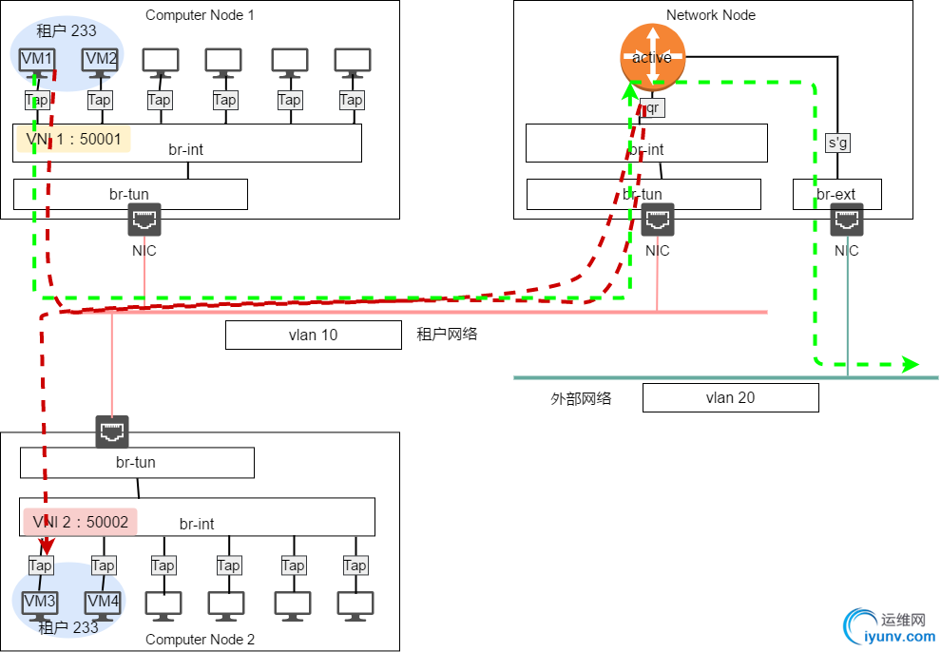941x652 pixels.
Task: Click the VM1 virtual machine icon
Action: pyautogui.click(x=37, y=61)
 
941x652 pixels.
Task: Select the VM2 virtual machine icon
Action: pyautogui.click(x=101, y=61)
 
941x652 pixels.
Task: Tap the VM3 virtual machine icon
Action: pyautogui.click(x=40, y=604)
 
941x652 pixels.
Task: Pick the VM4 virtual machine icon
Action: pyautogui.click(x=103, y=604)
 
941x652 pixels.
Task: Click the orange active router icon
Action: pyautogui.click(x=652, y=57)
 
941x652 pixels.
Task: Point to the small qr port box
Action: pyautogui.click(x=652, y=108)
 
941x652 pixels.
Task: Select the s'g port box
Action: pyautogui.click(x=837, y=144)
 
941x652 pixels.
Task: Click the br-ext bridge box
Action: pyautogui.click(x=837, y=195)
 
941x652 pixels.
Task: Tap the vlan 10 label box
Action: pyautogui.click(x=314, y=335)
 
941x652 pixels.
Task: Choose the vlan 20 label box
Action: pyautogui.click(x=730, y=397)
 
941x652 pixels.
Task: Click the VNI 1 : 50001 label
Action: pyautogui.click(x=73, y=140)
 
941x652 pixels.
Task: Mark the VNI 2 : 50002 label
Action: pyautogui.click(x=80, y=522)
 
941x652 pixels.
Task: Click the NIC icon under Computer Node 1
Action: pyautogui.click(x=144, y=221)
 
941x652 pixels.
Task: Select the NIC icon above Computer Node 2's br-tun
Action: pyautogui.click(x=112, y=431)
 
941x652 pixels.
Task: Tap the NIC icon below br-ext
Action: pyautogui.click(x=847, y=221)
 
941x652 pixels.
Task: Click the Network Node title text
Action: pyautogui.click(x=711, y=15)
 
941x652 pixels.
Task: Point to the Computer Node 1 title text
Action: pyautogui.click(x=200, y=15)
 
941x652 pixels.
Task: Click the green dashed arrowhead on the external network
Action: pyautogui.click(x=911, y=364)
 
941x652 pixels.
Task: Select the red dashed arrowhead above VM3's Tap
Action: pyautogui.click(x=42, y=547)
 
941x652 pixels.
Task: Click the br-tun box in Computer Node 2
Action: pyautogui.click(x=137, y=463)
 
